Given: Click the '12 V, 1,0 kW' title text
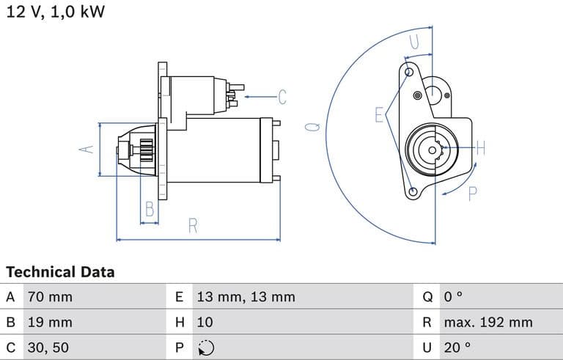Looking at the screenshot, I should point(55,12).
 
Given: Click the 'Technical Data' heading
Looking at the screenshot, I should point(60,272).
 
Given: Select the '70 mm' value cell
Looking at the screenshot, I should point(50,298).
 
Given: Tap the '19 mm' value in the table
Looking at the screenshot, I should point(50,322).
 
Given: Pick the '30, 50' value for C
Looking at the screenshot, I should point(48,347).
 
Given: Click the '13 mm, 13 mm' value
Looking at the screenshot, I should point(246,298).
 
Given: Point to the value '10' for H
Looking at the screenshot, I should point(205,322).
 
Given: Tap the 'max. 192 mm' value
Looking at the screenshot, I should point(487,322).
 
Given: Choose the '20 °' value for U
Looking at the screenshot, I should point(457,347).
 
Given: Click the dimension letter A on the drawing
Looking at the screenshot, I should point(87,149).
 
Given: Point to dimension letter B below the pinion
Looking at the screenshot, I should point(150,209).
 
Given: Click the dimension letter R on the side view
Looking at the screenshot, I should point(193,226).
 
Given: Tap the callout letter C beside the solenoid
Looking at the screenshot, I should point(281,97).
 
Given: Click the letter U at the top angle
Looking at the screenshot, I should point(415,43).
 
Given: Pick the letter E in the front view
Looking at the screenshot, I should point(379,114).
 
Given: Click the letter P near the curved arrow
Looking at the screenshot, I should point(472,194).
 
